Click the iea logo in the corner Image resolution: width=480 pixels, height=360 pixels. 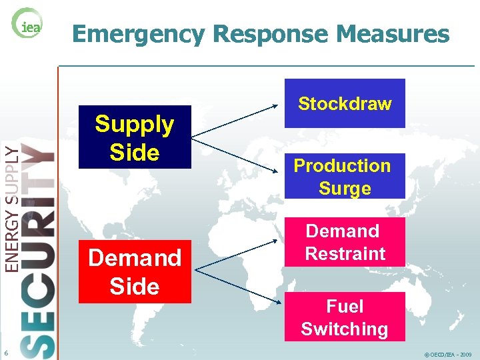27,25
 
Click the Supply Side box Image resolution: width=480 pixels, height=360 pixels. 135,137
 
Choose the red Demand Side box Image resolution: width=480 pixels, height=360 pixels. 135,271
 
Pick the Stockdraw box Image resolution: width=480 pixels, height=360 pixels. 345,103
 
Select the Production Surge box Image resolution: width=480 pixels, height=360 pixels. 345,176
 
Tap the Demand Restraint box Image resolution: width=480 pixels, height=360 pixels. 345,243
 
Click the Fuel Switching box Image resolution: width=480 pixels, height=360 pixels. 345,317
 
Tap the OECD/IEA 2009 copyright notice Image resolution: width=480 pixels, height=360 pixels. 448,355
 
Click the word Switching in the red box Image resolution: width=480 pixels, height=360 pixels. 345,329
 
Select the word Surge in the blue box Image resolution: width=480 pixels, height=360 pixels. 345,189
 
